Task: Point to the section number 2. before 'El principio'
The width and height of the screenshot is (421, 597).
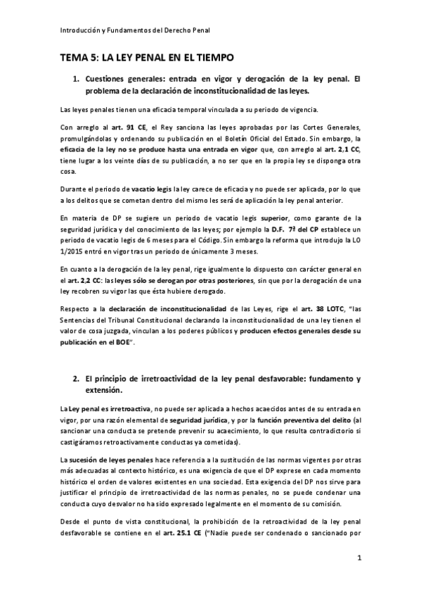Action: (77, 379)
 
